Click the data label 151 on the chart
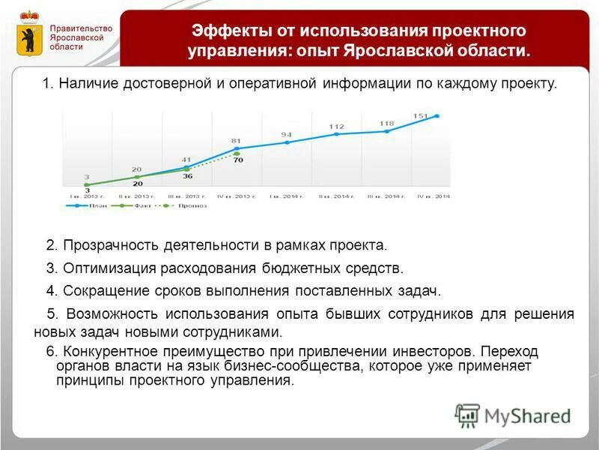[420, 115]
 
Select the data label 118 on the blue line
[386, 124]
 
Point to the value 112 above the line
[336, 127]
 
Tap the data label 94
[286, 135]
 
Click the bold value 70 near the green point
[238, 160]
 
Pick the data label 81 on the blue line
[236, 140]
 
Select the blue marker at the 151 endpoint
[437, 116]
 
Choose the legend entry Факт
[134, 205]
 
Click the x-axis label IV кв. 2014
[433, 196]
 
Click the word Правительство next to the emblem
[82, 28]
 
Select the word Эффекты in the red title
[228, 31]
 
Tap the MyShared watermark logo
[512, 415]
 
